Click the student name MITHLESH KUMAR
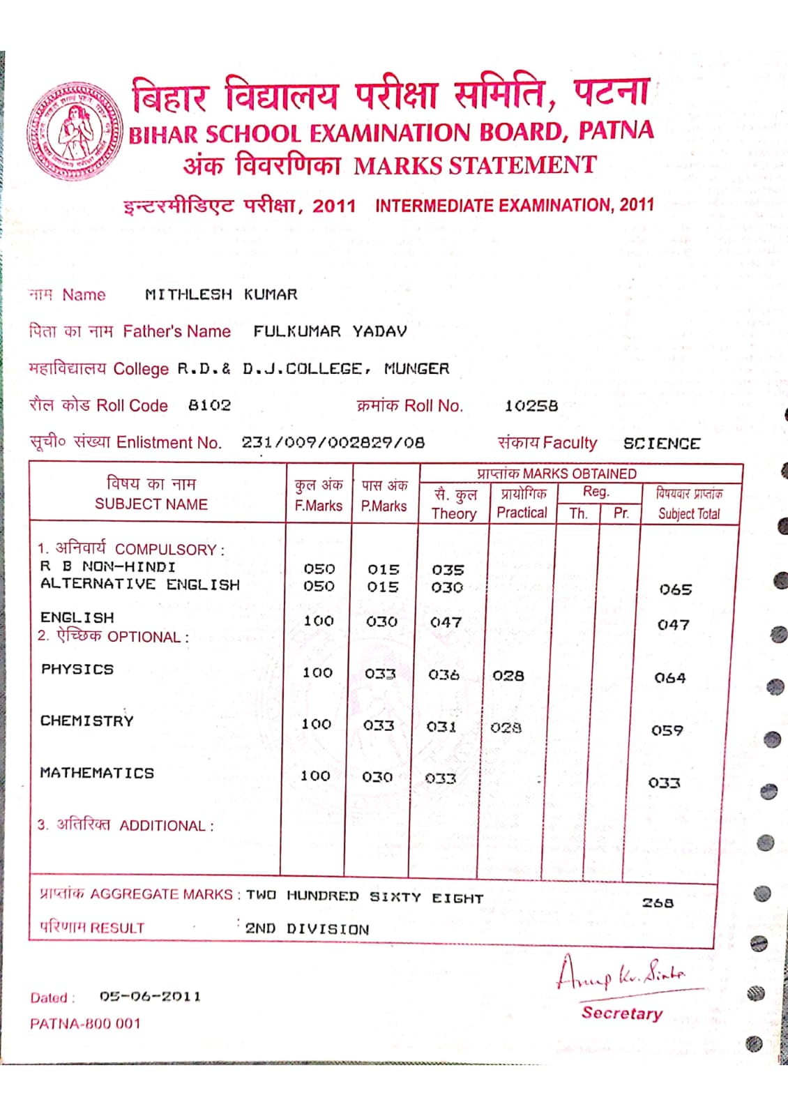pyautogui.click(x=221, y=294)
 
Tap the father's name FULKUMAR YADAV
pyautogui.click(x=330, y=331)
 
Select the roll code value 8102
pyautogui.click(x=209, y=405)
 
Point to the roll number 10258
pyautogui.click(x=531, y=406)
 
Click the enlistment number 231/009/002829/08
pyautogui.click(x=333, y=442)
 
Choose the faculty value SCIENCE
pyautogui.click(x=661, y=444)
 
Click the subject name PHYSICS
pyautogui.click(x=77, y=669)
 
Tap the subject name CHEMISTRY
pyautogui.click(x=87, y=721)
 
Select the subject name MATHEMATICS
pyautogui.click(x=97, y=773)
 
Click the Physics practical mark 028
pyautogui.click(x=508, y=675)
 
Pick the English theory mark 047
pyautogui.click(x=446, y=622)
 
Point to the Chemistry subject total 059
pyautogui.click(x=667, y=730)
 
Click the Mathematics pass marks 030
pyautogui.click(x=377, y=776)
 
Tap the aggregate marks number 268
pyautogui.click(x=658, y=903)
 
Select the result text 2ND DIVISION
pyautogui.click(x=307, y=929)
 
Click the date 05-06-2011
pyautogui.click(x=150, y=997)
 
